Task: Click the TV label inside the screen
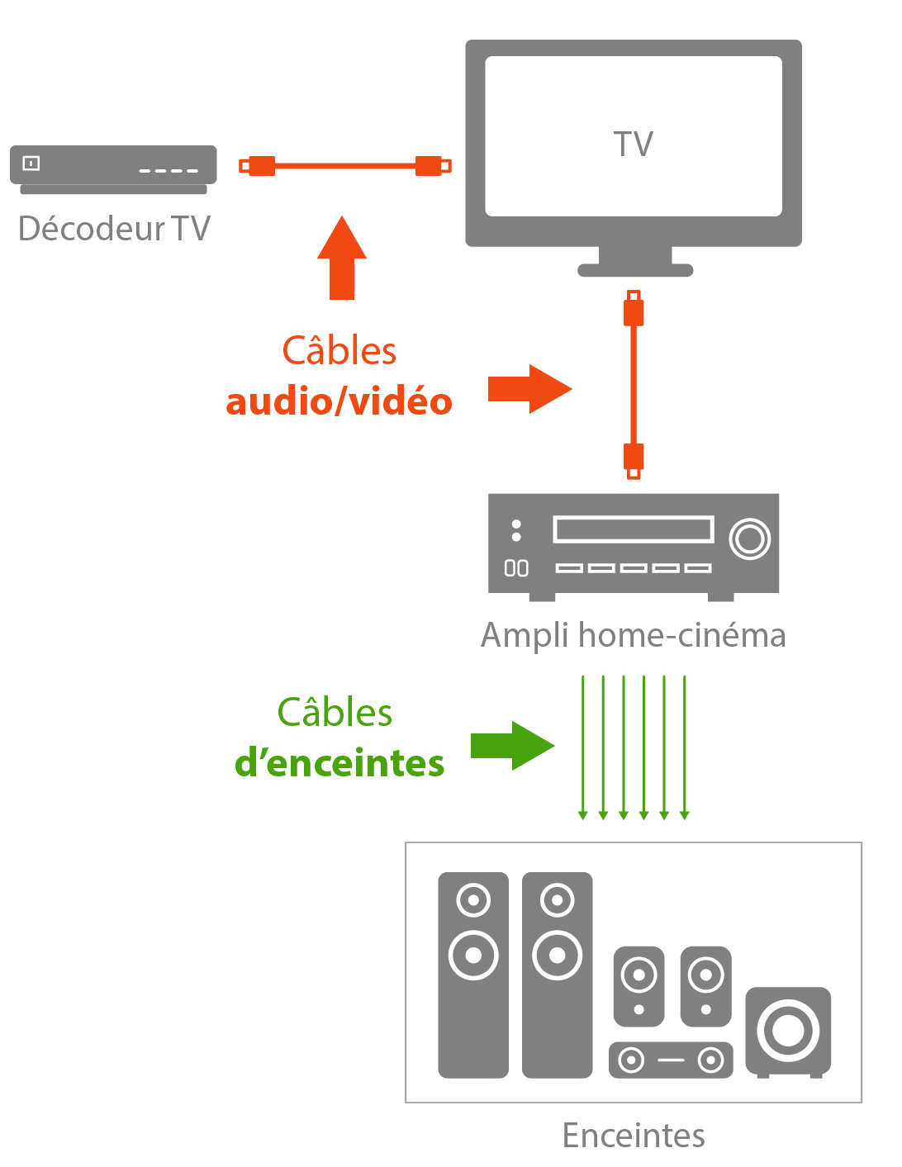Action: click(634, 145)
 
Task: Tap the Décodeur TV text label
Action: click(114, 229)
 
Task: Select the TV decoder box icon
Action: click(113, 169)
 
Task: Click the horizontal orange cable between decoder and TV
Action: click(345, 166)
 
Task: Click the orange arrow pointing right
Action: click(529, 388)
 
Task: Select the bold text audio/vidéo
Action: click(339, 402)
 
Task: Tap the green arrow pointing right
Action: click(512, 746)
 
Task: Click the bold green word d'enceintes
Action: click(339, 763)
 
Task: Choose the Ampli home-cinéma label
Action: click(633, 636)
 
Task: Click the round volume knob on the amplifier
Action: click(750, 538)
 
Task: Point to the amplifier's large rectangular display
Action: click(633, 529)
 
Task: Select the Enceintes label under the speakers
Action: click(634, 1136)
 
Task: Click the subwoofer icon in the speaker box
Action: click(788, 1032)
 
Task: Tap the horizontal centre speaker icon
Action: click(671, 1060)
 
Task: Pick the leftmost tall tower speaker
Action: click(473, 975)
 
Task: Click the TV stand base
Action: click(634, 269)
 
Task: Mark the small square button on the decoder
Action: click(31, 163)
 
